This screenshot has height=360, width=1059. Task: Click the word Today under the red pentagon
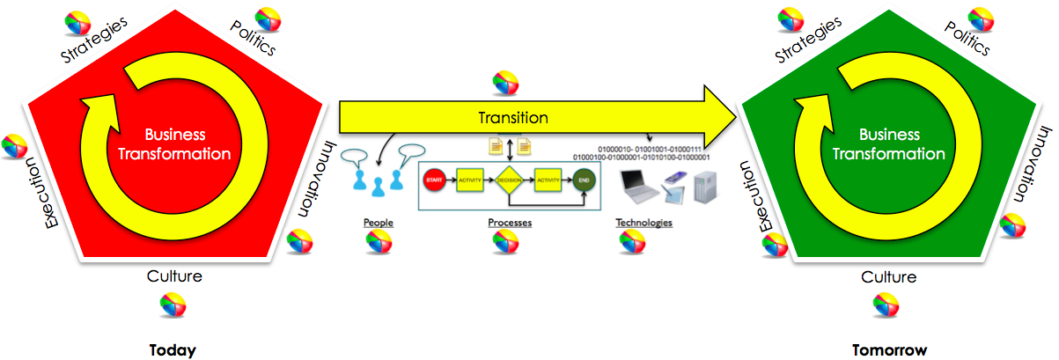tap(173, 350)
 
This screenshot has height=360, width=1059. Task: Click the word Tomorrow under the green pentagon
tap(889, 350)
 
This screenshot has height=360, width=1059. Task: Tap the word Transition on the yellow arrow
tap(513, 117)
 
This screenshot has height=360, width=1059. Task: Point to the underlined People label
tap(379, 223)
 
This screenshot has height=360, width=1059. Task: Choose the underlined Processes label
tap(510, 223)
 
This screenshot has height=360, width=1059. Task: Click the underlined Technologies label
tap(643, 223)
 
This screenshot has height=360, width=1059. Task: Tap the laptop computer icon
tap(640, 185)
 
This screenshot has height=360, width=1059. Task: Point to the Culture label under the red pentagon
tap(174, 276)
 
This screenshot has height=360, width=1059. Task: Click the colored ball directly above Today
tap(173, 305)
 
